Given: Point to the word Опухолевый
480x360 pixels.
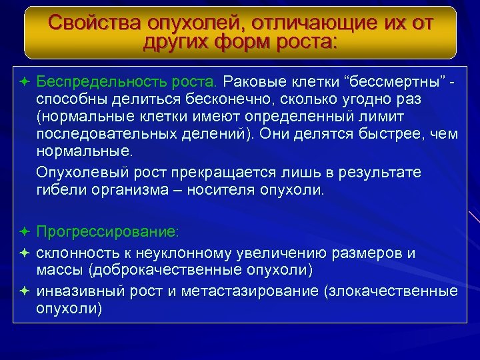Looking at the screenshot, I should [x=78, y=173].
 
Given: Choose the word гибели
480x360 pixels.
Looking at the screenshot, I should [x=59, y=190].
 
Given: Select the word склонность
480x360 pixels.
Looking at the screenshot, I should [x=74, y=253].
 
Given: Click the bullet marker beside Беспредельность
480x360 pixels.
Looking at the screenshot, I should [x=24, y=82].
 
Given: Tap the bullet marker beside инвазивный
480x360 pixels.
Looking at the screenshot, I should [x=24, y=291].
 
